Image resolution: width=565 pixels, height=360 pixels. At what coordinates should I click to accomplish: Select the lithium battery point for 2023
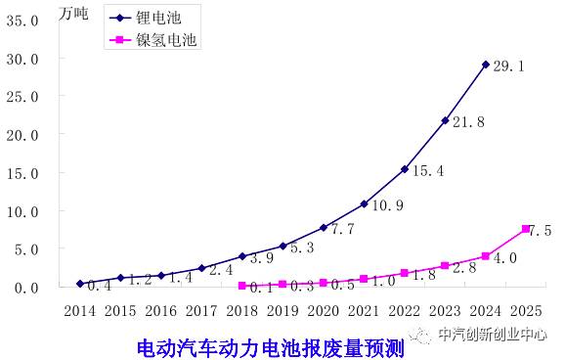445,120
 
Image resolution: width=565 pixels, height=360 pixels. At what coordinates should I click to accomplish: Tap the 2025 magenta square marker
526,229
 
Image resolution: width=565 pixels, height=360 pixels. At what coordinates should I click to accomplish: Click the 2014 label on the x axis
80,311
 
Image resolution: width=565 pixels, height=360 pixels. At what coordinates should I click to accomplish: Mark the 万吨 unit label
75,13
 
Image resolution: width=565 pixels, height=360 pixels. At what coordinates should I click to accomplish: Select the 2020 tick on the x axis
324,311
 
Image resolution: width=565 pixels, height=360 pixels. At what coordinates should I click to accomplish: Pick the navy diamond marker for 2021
364,203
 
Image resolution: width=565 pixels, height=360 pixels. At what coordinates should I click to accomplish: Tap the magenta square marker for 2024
486,256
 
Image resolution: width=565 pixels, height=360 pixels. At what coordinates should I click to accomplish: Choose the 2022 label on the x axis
405,311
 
